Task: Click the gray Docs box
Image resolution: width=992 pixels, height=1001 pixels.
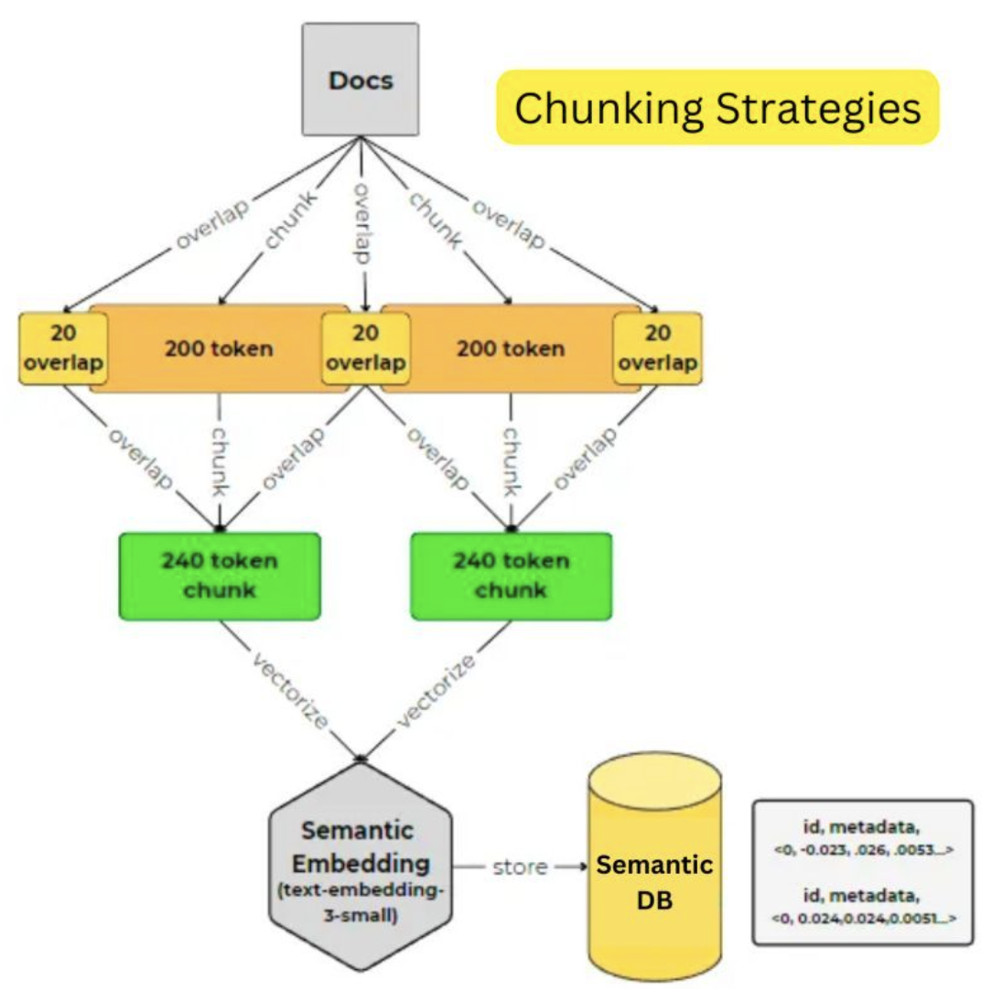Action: pyautogui.click(x=360, y=80)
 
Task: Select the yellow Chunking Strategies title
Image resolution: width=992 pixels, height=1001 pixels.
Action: pyautogui.click(x=717, y=107)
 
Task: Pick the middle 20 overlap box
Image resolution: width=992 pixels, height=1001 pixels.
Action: pyautogui.click(x=365, y=349)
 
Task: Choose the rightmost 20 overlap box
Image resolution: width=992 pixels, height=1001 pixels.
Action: pyautogui.click(x=656, y=349)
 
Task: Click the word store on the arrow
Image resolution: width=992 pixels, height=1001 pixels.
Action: pyautogui.click(x=519, y=866)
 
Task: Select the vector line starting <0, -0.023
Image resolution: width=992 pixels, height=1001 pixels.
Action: pyautogui.click(x=862, y=850)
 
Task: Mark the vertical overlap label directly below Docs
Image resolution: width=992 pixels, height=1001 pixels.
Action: pyautogui.click(x=362, y=223)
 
